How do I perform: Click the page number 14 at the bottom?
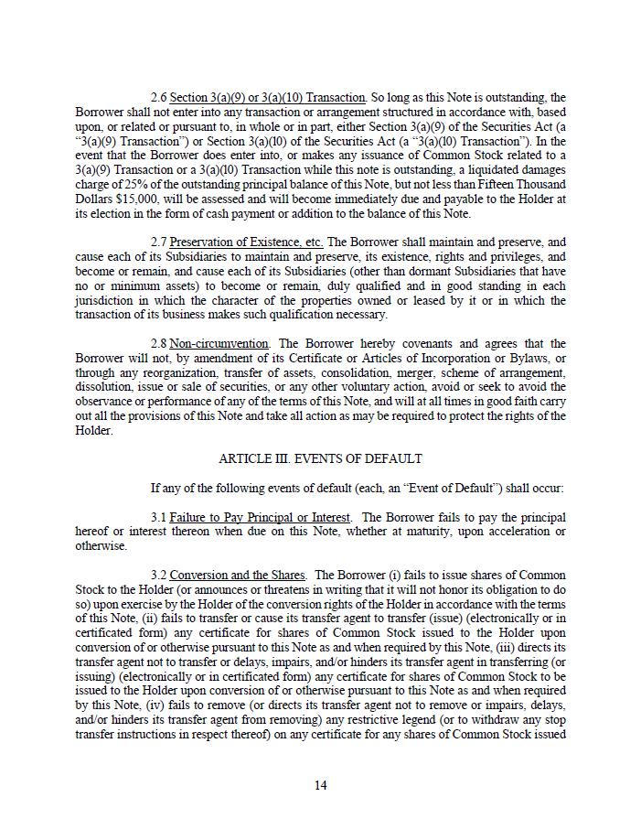click(320, 785)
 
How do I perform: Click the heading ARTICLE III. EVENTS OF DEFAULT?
click(320, 458)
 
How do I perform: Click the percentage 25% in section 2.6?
click(155, 185)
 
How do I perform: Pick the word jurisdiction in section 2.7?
click(106, 301)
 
